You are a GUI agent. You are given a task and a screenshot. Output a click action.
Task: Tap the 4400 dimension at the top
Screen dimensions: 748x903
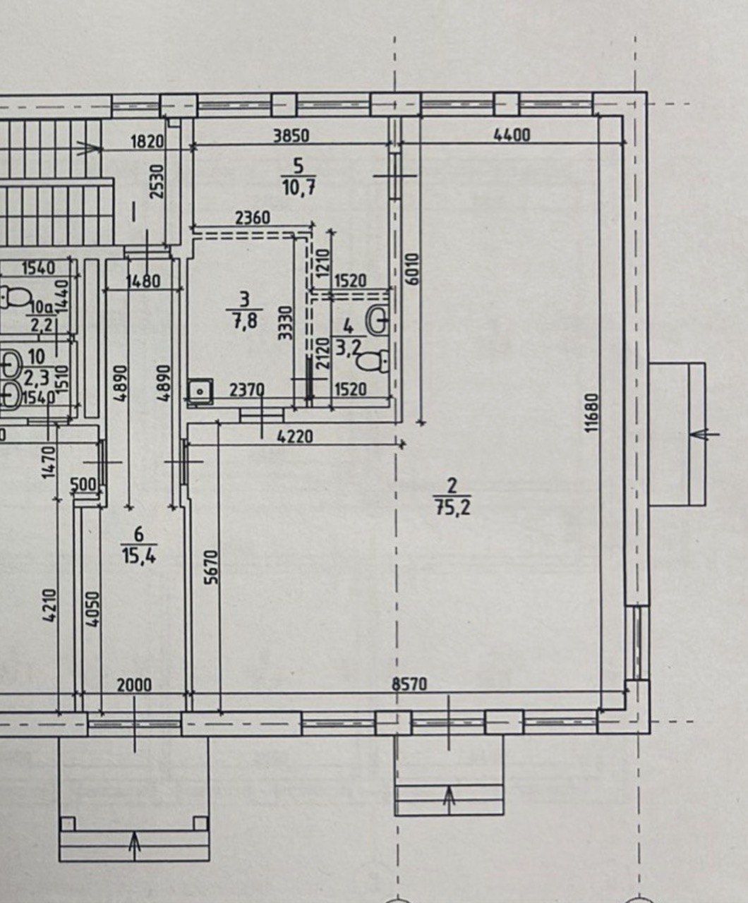pos(512,135)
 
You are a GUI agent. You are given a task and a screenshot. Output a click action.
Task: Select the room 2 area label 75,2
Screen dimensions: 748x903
pos(452,509)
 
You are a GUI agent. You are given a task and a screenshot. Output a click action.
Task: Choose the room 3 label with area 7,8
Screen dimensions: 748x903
pos(244,310)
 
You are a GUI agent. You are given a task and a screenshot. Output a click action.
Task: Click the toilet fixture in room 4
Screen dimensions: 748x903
pos(373,361)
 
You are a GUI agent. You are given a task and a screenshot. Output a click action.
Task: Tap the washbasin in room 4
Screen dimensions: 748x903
pos(378,320)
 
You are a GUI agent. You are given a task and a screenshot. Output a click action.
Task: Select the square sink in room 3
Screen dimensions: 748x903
pos(200,391)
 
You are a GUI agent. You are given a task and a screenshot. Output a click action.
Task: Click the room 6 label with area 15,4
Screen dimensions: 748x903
pos(139,547)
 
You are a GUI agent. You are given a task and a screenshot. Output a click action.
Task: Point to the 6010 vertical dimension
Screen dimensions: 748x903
pos(412,269)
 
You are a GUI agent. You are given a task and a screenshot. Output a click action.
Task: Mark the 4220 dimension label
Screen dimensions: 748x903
pos(296,437)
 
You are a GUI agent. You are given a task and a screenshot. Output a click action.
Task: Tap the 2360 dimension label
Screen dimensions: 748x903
pos(253,217)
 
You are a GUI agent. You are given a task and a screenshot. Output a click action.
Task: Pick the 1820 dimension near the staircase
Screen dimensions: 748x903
pos(147,142)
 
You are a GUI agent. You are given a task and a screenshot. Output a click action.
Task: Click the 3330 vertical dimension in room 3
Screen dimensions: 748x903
pos(286,322)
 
